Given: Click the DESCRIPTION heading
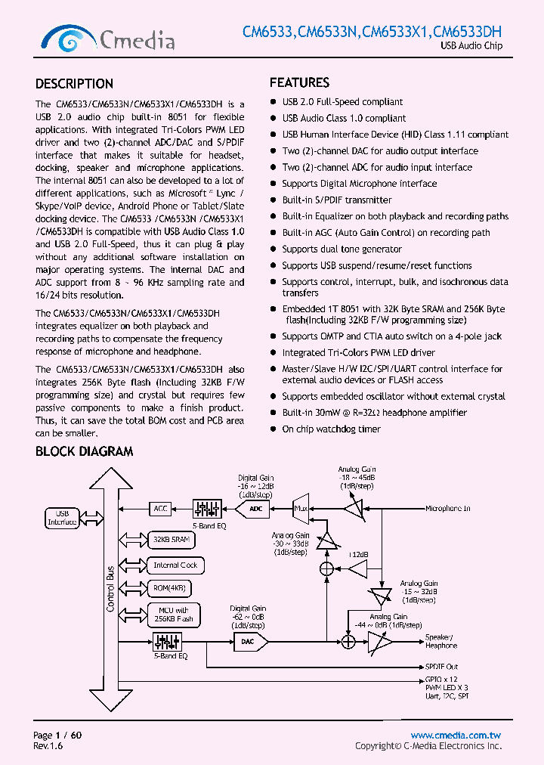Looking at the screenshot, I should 74,84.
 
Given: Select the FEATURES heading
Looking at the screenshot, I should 299,82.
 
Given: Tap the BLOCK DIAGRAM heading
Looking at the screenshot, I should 84,451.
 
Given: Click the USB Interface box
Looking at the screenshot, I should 63,518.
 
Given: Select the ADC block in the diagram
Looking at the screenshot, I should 257,509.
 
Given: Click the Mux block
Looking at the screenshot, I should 300,509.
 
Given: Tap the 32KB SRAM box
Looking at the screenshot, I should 171,540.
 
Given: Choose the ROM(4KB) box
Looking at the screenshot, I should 169,588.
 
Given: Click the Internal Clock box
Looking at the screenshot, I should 175,565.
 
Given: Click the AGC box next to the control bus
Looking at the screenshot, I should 160,509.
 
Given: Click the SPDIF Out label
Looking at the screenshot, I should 441,667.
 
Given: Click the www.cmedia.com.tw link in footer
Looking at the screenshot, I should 456,736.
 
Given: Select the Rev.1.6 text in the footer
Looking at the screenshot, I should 48,746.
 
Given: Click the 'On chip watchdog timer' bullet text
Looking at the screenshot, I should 331,429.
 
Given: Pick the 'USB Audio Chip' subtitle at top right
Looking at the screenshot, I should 471,47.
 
